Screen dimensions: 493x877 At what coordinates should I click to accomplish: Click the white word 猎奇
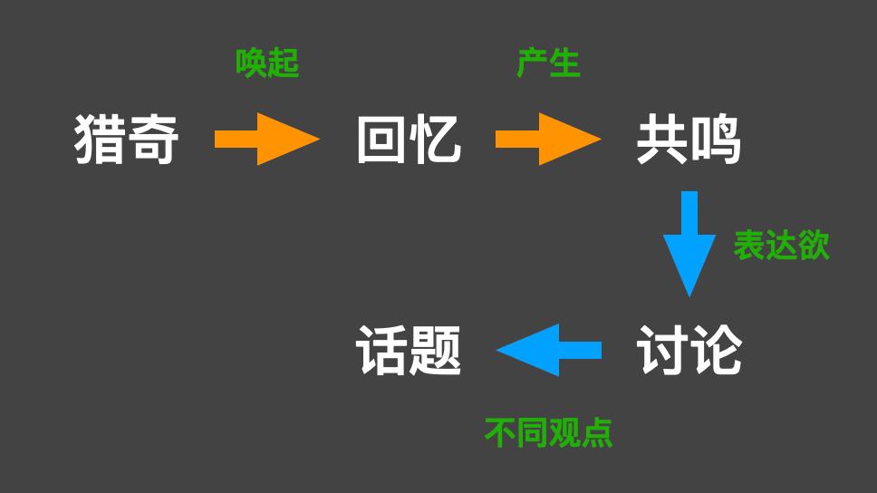[x=127, y=140]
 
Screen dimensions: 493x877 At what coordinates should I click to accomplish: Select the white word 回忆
[x=409, y=140]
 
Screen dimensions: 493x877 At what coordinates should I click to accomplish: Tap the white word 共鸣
[x=689, y=140]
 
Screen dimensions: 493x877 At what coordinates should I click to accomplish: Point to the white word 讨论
[x=689, y=351]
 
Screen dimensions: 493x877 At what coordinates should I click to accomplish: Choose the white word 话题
[x=409, y=351]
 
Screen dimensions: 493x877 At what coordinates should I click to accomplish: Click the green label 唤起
[x=267, y=63]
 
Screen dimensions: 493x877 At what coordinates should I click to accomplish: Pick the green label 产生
[x=548, y=63]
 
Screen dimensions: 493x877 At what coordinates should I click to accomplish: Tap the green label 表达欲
[x=781, y=246]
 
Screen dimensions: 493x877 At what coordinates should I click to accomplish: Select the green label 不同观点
[x=548, y=432]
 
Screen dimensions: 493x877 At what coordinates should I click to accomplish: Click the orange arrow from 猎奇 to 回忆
[x=267, y=140]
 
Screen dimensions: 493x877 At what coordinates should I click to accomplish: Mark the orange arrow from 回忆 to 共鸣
[x=548, y=140]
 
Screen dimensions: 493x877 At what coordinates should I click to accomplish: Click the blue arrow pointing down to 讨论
[x=689, y=243]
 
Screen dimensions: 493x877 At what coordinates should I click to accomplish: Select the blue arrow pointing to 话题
[x=549, y=350]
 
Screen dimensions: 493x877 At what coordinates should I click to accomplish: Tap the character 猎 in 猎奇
[x=100, y=140]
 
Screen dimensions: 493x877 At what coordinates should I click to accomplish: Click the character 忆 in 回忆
[x=436, y=140]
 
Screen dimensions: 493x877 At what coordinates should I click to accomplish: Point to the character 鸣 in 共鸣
[x=716, y=140]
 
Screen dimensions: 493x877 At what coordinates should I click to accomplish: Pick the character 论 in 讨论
[x=716, y=351]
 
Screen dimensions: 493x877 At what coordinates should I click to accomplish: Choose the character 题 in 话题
[x=436, y=351]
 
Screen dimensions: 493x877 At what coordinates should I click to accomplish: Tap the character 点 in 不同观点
[x=596, y=432]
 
